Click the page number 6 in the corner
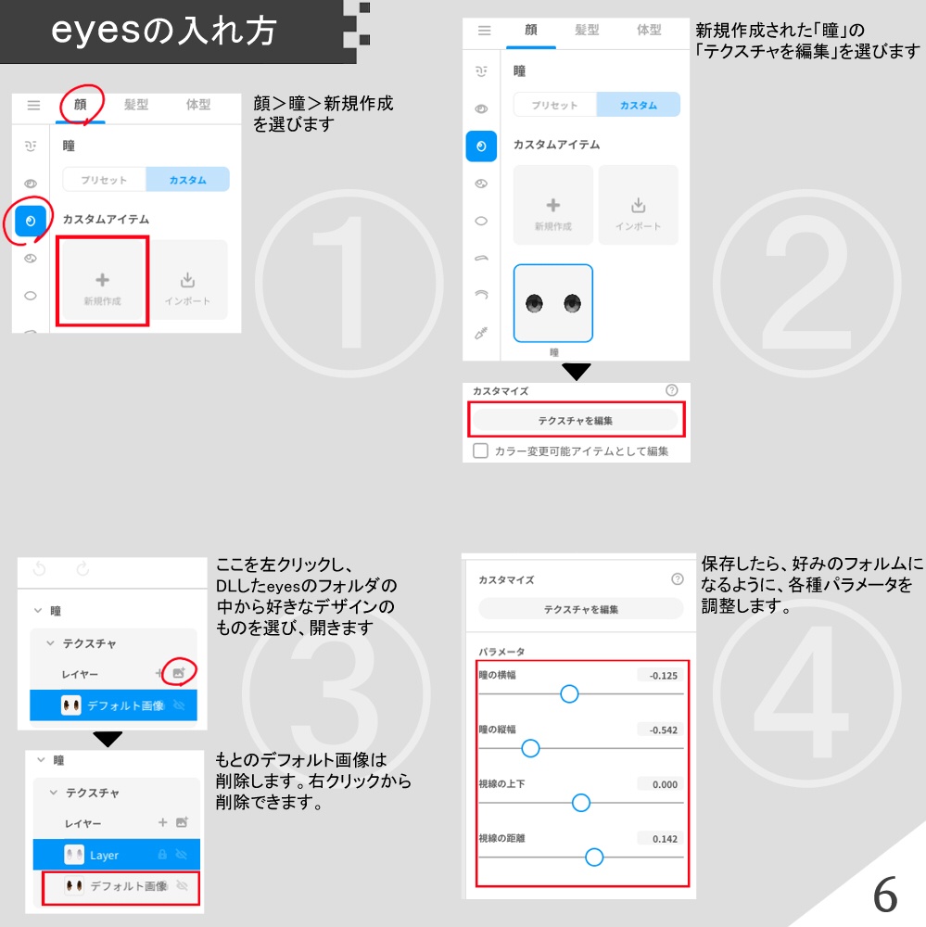click(x=885, y=895)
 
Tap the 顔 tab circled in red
click(x=81, y=105)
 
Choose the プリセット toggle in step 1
click(x=103, y=180)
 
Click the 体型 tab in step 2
click(x=649, y=30)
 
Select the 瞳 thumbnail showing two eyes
click(x=553, y=303)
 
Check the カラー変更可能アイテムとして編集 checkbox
click(x=480, y=451)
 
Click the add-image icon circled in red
click(x=179, y=674)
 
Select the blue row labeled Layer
click(x=116, y=855)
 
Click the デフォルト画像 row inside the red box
click(x=121, y=886)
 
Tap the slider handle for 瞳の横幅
click(x=569, y=693)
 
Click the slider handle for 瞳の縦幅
click(x=530, y=748)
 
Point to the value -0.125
click(x=662, y=676)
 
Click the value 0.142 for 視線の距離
click(x=662, y=839)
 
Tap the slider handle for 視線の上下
click(x=581, y=803)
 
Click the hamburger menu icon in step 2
click(x=484, y=31)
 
